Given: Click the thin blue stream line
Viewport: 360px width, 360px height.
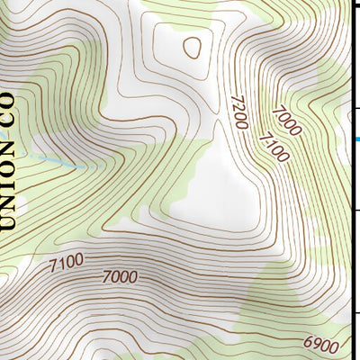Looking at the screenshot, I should [x=63, y=162].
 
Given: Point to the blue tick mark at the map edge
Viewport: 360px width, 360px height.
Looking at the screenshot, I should [x=355, y=139].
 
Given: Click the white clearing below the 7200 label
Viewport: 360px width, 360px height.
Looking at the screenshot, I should [x=216, y=180].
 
